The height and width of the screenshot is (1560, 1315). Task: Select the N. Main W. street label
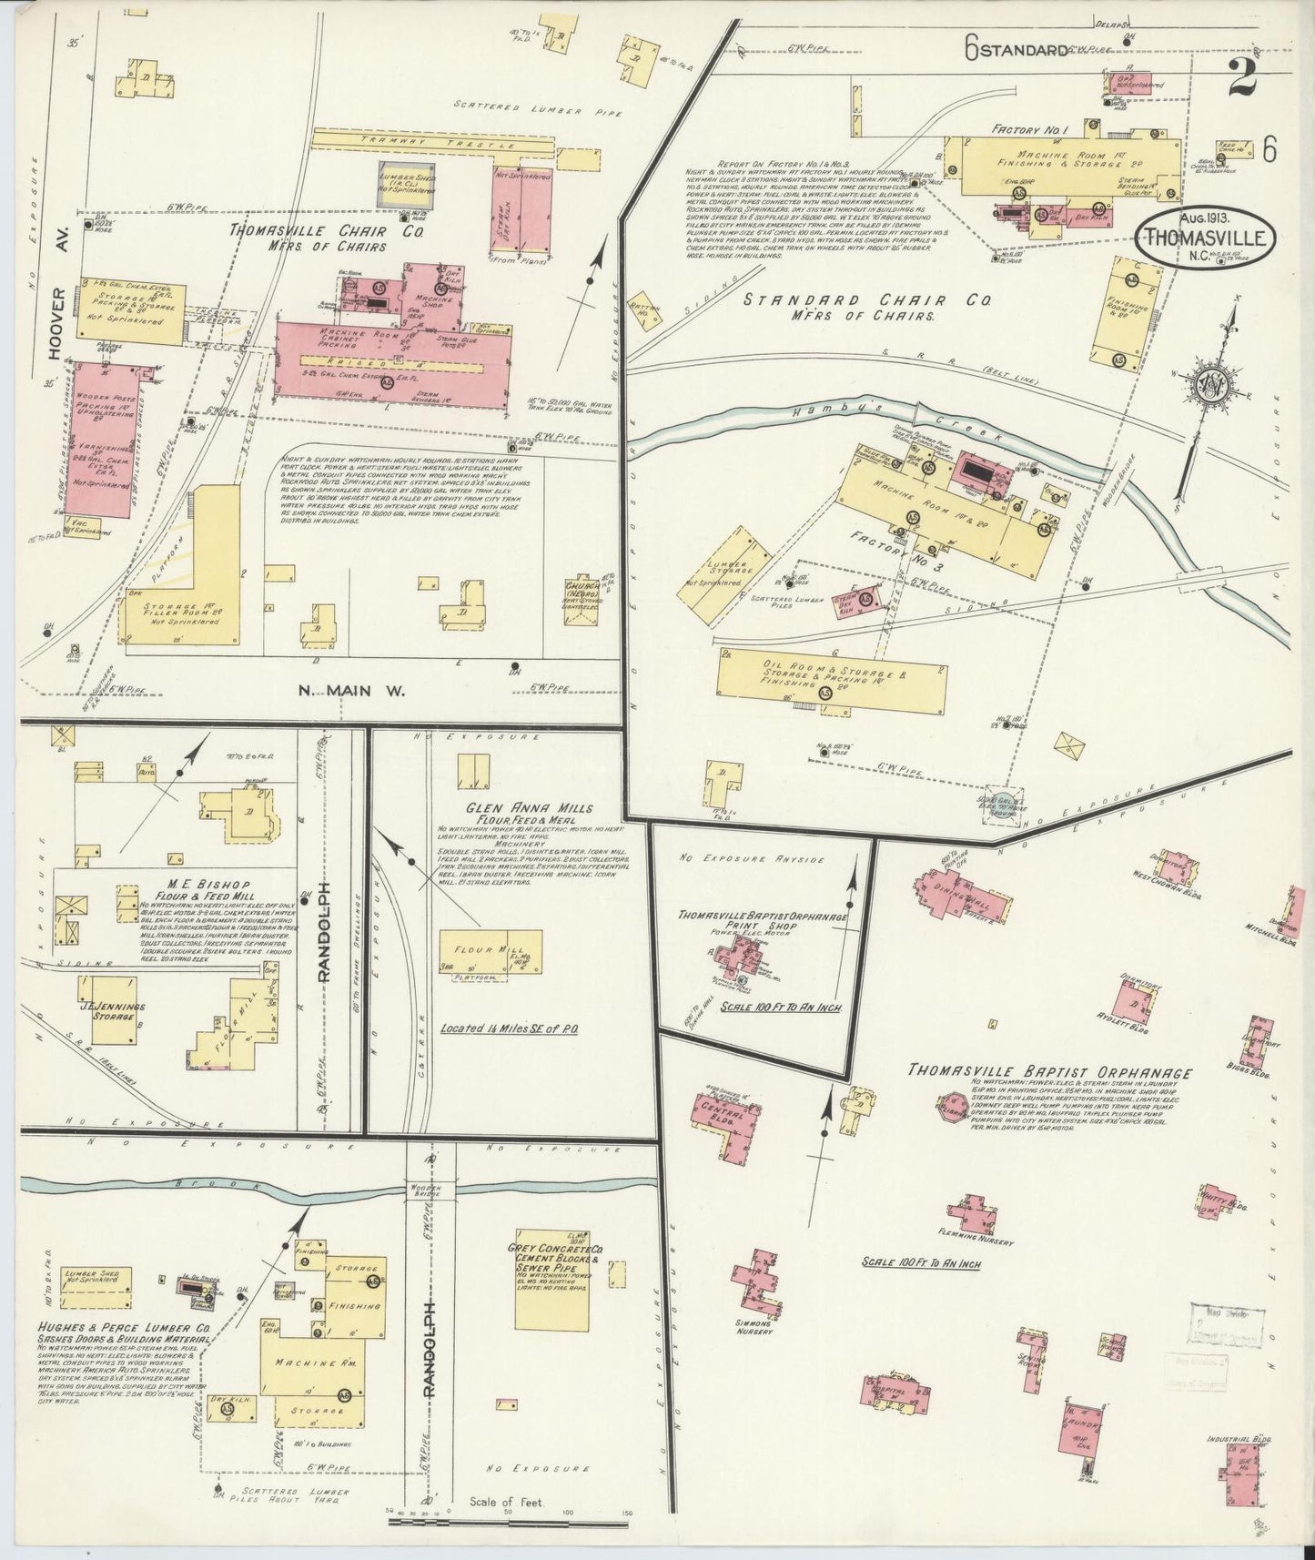pyautogui.click(x=351, y=691)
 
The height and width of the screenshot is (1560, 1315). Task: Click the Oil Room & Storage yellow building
pyautogui.click(x=831, y=682)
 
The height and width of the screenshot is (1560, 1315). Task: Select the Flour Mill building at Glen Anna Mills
pyautogui.click(x=491, y=951)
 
